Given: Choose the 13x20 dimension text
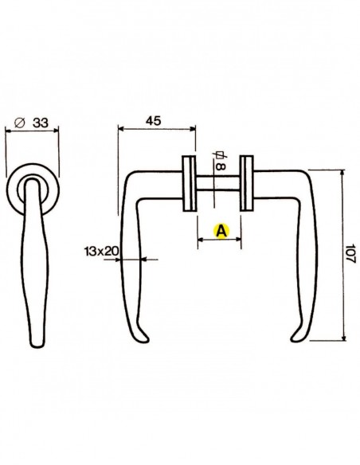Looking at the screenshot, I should [101, 251].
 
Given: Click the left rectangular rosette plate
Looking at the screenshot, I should [190, 185].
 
